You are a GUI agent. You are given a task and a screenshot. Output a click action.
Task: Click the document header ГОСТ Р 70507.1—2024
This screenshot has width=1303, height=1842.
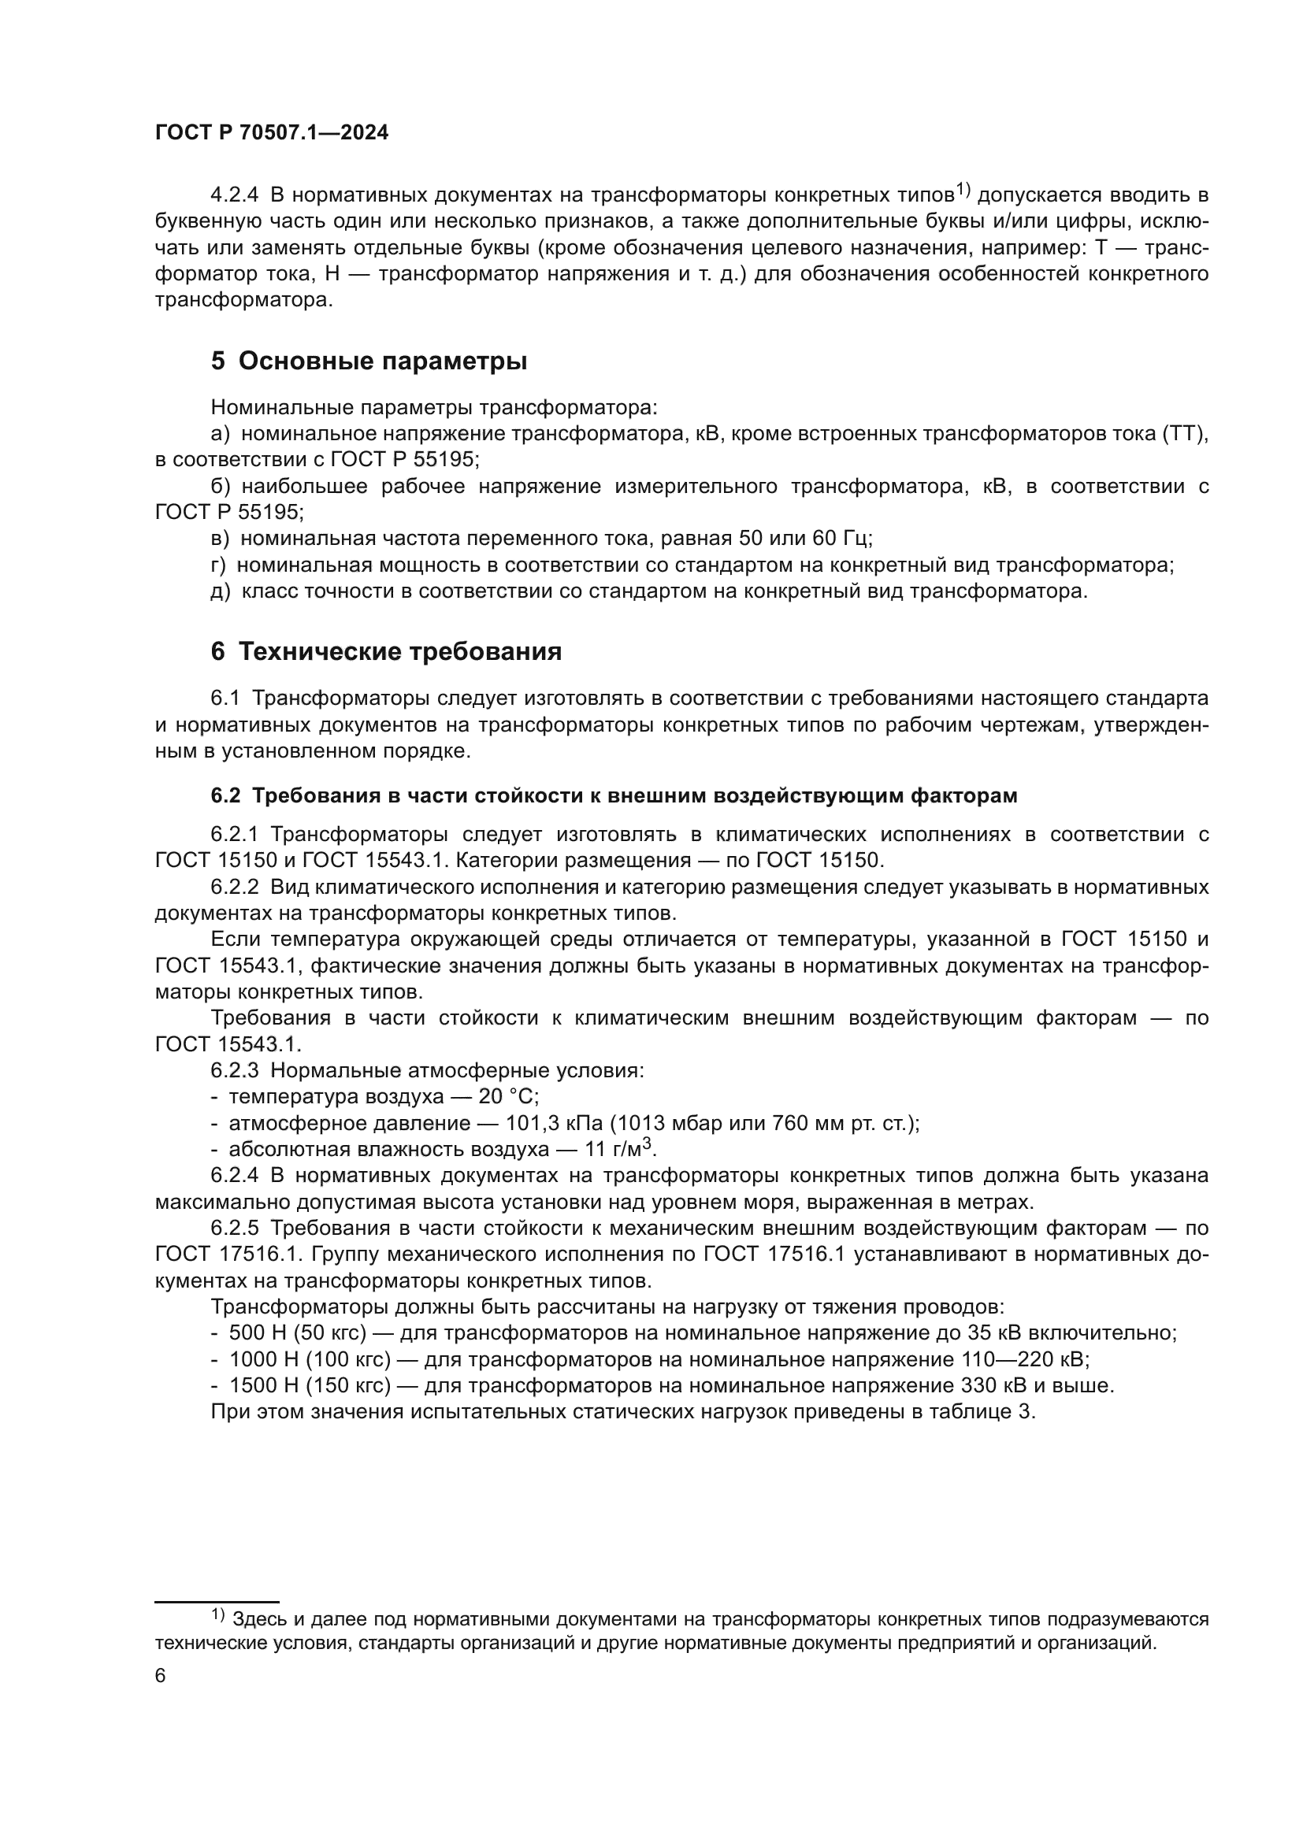click(x=271, y=133)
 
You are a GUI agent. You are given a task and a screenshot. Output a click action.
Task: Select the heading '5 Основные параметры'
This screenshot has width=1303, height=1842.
click(x=369, y=361)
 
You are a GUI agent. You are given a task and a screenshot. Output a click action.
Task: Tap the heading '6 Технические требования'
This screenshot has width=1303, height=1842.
click(x=386, y=651)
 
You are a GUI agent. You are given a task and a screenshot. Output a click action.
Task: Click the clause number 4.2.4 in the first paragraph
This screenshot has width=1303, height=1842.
click(x=234, y=195)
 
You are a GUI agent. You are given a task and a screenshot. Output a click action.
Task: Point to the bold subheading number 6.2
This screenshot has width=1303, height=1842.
click(x=225, y=796)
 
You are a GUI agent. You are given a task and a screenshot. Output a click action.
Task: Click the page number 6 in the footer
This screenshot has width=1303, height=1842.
click(x=161, y=1676)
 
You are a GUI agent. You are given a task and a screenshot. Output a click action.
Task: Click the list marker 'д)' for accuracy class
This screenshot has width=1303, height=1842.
click(x=220, y=591)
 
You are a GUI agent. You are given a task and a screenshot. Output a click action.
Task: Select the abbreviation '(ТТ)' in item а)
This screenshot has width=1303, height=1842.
click(x=1185, y=434)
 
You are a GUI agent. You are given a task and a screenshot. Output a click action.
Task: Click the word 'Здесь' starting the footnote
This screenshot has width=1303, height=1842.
click(x=254, y=1619)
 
